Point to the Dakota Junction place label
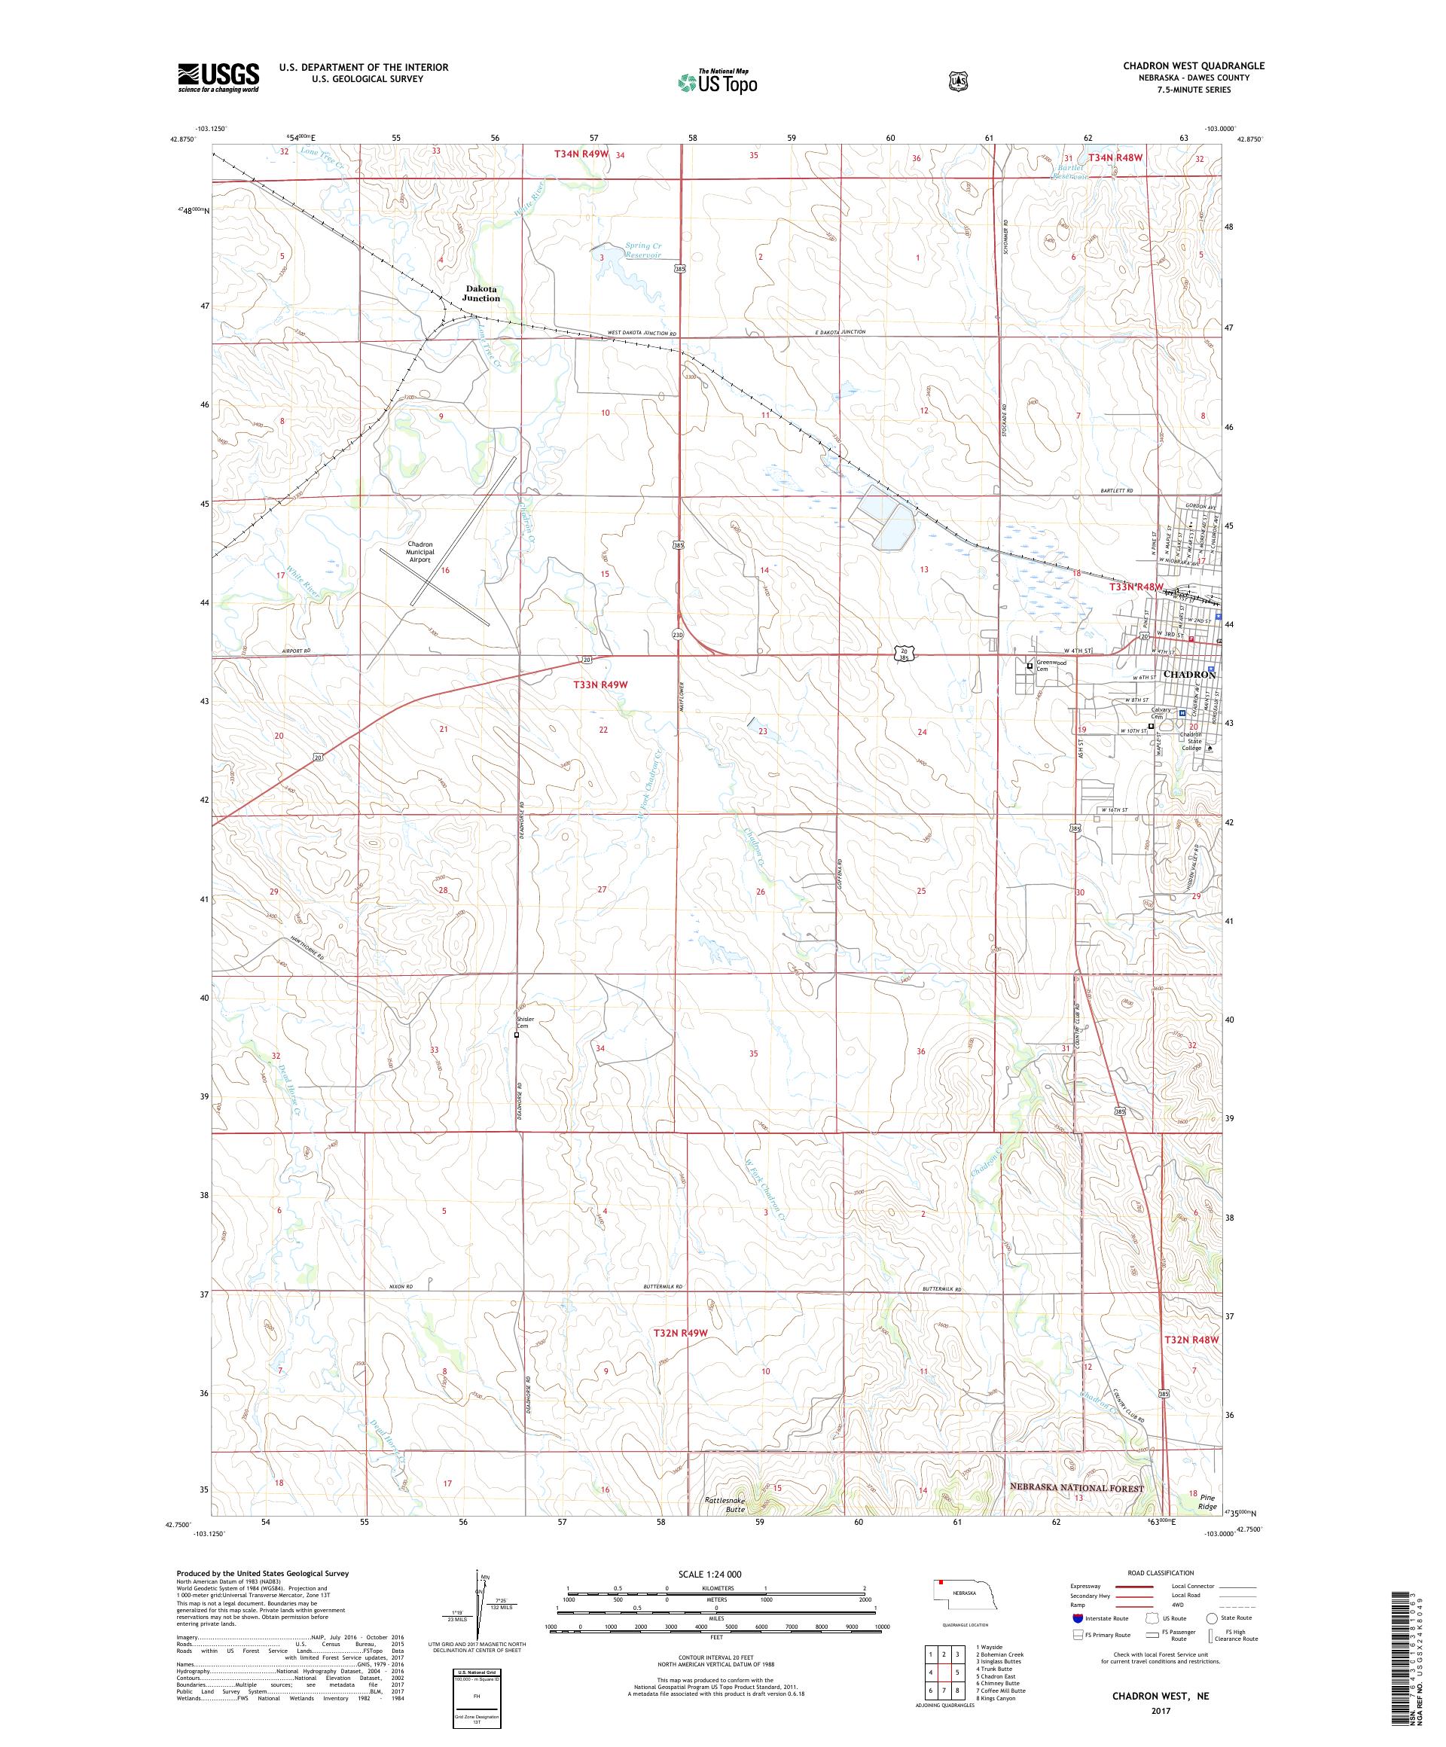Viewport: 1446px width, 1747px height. click(481, 293)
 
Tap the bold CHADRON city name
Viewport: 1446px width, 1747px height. click(1189, 675)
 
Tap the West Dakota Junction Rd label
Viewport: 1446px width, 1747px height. click(642, 334)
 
